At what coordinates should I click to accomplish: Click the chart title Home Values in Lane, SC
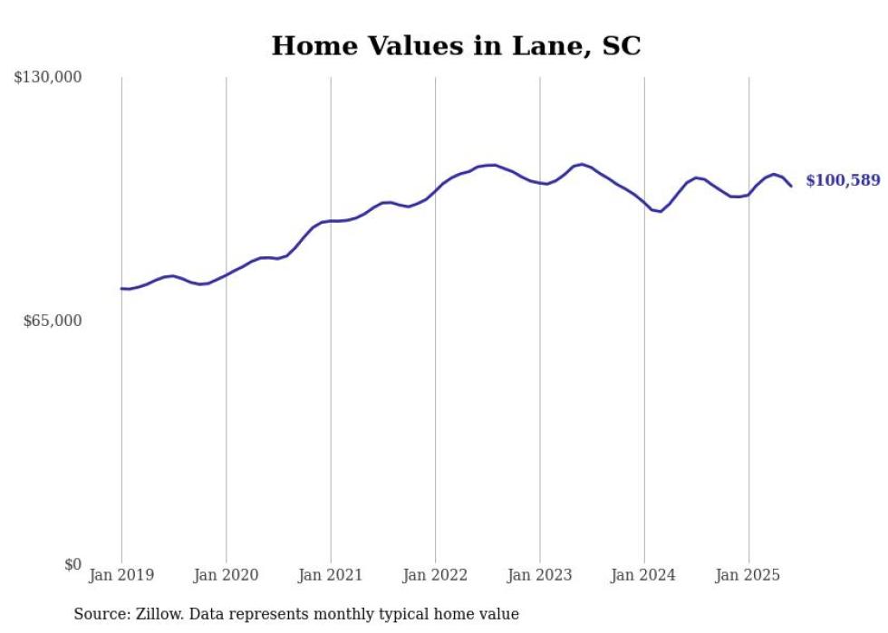456,46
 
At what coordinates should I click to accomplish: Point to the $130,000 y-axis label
47,78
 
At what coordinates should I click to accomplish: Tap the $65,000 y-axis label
52,321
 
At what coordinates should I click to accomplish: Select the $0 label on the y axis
72,565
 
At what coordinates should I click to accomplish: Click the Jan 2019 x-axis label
121,575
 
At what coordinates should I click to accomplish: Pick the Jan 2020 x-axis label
226,575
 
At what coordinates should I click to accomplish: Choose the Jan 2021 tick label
331,575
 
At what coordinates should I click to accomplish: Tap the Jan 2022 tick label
435,575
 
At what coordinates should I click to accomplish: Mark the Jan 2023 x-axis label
540,575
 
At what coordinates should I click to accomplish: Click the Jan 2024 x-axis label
644,575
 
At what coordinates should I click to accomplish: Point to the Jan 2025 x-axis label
748,575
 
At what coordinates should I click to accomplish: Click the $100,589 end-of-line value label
843,181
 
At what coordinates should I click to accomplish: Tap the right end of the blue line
791,186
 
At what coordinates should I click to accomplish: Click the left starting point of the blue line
121,289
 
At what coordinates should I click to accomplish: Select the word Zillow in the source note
156,614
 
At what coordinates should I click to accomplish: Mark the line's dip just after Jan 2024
661,211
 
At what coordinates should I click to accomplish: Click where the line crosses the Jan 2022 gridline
435,190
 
